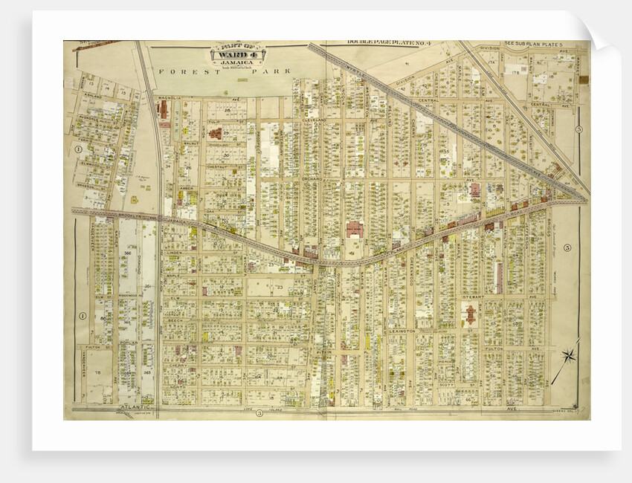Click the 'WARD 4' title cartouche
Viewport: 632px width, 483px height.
[x=238, y=56]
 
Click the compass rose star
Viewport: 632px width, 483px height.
[x=570, y=355]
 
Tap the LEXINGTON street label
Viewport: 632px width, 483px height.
[x=402, y=331]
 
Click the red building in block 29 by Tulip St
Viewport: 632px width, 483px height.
[x=215, y=134]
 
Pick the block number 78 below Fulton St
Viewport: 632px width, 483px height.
[x=97, y=372]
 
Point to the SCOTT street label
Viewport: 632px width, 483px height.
[x=446, y=383]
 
